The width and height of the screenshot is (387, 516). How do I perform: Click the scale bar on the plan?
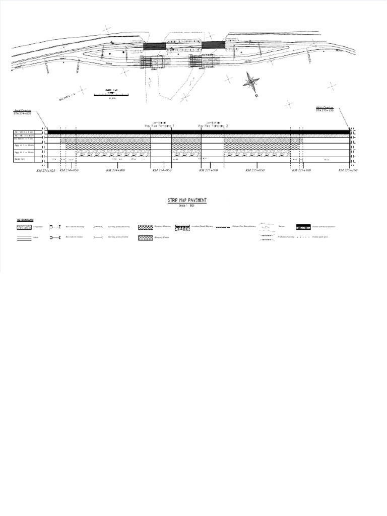pos(110,94)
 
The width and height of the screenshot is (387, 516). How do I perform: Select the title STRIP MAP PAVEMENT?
pos(187,201)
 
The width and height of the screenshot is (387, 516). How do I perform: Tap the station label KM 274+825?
pos(46,171)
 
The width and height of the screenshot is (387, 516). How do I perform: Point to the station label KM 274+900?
pos(116,171)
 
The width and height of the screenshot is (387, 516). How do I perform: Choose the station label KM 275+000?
pos(208,171)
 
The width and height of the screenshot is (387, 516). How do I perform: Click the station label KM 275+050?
pos(255,171)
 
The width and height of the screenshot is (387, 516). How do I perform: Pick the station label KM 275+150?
pos(348,171)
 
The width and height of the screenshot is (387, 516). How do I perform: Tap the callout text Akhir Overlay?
pos(325,108)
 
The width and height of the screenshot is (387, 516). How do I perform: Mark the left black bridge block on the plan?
pos(154,45)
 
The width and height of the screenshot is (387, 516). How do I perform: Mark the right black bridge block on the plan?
pos(213,45)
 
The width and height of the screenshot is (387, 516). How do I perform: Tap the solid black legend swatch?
pos(303,227)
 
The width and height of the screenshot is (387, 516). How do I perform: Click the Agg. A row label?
pos(24,145)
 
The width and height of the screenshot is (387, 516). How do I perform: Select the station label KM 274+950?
pos(162,171)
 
